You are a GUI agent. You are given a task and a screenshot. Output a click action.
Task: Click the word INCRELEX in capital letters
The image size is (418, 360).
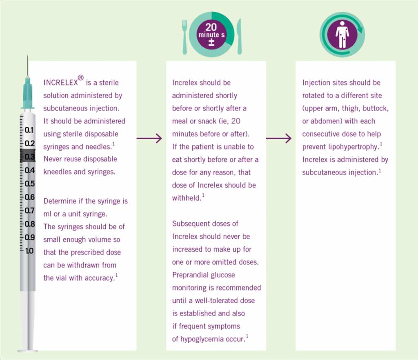pyautogui.click(x=60, y=83)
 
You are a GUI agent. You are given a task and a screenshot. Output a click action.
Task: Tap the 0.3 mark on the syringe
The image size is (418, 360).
pyautogui.click(x=29, y=157)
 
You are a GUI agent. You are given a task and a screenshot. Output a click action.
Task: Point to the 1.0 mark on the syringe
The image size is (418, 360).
pyautogui.click(x=29, y=251)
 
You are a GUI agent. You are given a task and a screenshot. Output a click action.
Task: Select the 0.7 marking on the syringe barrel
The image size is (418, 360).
pyautogui.click(x=29, y=210)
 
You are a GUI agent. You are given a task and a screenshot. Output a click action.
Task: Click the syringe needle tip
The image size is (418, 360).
pyautogui.click(x=27, y=55)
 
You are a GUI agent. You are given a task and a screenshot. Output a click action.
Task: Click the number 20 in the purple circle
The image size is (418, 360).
pyautogui.click(x=211, y=27)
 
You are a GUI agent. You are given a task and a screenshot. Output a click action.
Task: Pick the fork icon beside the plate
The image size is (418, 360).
pyautogui.click(x=185, y=37)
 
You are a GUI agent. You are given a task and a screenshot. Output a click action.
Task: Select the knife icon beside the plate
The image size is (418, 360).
pyautogui.click(x=239, y=36)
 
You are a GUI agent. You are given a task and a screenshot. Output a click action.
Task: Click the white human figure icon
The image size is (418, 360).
pyautogui.click(x=342, y=35)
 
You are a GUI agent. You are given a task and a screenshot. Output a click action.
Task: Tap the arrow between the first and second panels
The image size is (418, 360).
pyautogui.click(x=149, y=138)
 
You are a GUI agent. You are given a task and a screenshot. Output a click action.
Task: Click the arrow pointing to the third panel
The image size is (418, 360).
pyautogui.click(x=279, y=138)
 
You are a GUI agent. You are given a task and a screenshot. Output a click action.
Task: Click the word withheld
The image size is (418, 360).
pyautogui.click(x=187, y=198)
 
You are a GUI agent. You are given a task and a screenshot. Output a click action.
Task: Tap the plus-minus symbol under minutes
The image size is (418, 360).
pyautogui.click(x=211, y=42)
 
